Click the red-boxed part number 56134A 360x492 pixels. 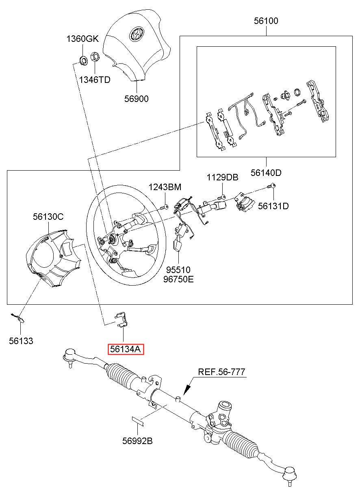pos(126,349)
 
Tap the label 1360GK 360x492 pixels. pos(82,39)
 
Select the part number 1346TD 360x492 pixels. pos(95,79)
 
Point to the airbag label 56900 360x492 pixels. pos(137,98)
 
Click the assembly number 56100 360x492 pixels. pos(266,21)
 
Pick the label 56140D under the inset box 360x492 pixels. pos(266,173)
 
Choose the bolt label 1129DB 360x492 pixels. pos(222,178)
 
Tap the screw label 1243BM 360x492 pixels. pos(165,187)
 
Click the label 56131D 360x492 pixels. pos(273,206)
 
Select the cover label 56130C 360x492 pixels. pos(48,217)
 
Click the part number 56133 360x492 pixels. pos(21,341)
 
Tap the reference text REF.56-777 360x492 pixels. pos(221,371)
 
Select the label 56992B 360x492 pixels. pos(137,441)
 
